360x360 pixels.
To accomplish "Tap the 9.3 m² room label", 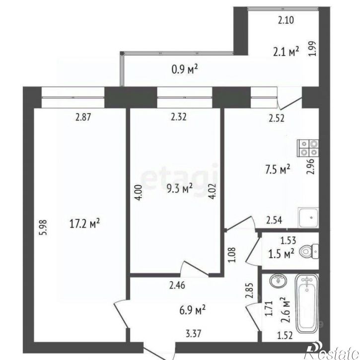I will pos(180,188).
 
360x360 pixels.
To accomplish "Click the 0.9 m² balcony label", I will pos(185,69).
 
